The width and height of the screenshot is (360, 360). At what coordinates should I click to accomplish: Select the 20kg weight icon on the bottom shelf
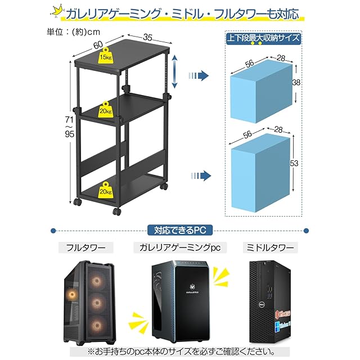106,190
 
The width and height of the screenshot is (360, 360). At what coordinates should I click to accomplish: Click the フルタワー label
85,247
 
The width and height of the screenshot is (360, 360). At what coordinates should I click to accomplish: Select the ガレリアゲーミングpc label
179,247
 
